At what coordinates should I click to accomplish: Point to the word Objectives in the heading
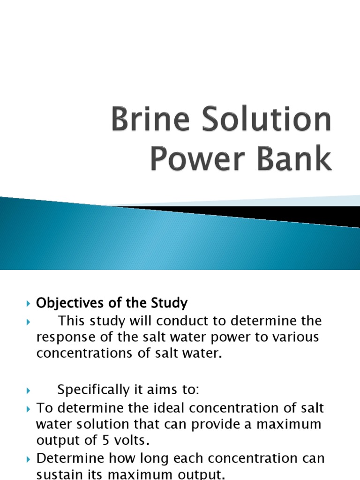[67, 303]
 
